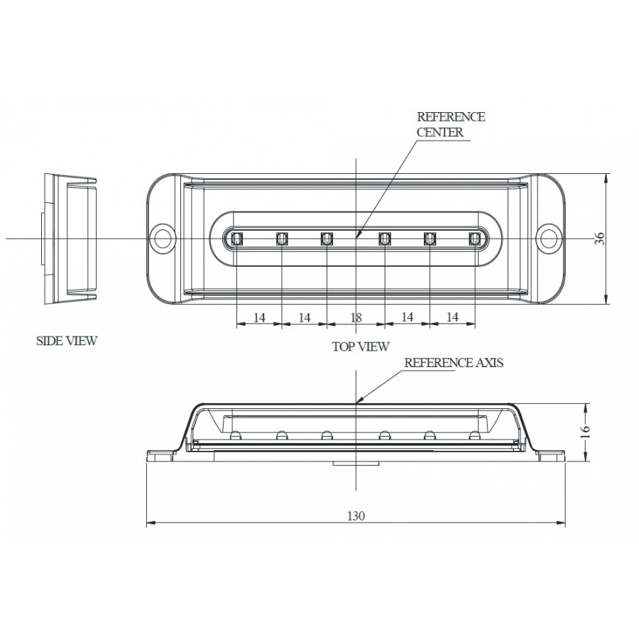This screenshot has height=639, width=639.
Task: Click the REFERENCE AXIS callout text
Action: [454, 362]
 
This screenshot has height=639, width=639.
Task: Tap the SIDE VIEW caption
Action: [66, 341]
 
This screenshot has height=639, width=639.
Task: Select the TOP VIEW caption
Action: [360, 346]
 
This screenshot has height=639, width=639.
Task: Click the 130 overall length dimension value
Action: [356, 516]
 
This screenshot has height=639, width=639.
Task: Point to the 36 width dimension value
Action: [600, 239]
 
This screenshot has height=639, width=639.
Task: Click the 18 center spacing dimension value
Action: [356, 318]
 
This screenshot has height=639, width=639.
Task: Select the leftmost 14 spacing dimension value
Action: [259, 318]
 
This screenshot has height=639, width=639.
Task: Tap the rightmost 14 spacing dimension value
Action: [452, 318]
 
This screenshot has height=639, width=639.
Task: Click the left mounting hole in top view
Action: [164, 238]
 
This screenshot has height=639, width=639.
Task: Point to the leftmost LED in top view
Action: [236, 238]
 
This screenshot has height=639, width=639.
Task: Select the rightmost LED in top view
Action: [474, 238]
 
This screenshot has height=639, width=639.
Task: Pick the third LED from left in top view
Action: [327, 238]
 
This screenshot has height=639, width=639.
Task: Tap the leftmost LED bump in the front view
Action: [236, 435]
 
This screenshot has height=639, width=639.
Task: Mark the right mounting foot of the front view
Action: [550, 454]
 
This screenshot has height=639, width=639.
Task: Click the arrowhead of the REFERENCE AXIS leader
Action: [358, 402]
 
